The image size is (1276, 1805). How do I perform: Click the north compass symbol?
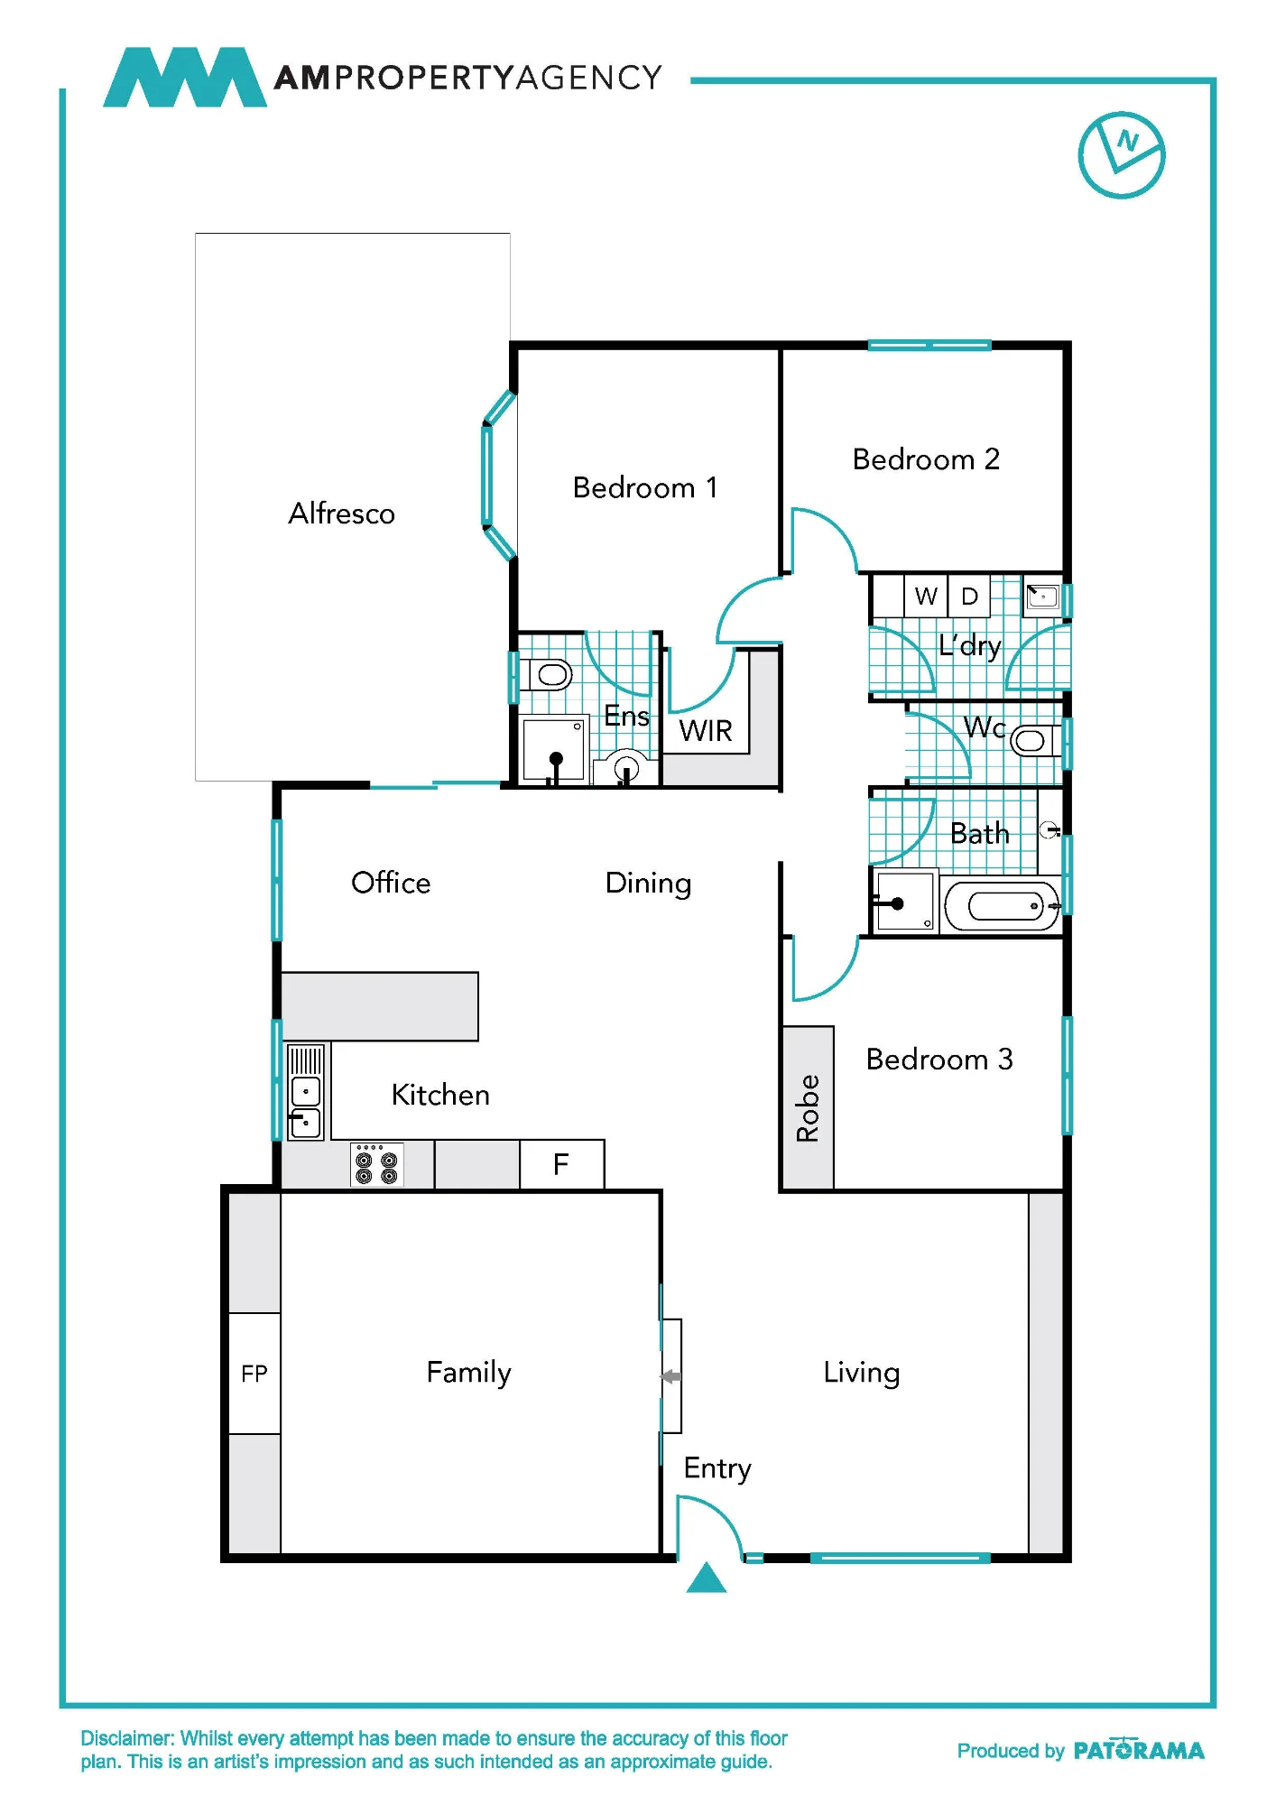(x=1121, y=155)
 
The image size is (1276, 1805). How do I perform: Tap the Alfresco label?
(x=341, y=513)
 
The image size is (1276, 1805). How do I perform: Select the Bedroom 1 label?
(x=645, y=487)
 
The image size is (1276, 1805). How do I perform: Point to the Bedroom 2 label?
(x=926, y=458)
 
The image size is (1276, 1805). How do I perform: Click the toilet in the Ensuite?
(x=549, y=673)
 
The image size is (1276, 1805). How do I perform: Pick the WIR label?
(x=706, y=730)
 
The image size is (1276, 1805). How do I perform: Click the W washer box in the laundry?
(x=926, y=596)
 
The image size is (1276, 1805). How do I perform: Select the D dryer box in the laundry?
(x=969, y=596)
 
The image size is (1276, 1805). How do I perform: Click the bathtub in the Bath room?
(x=1001, y=905)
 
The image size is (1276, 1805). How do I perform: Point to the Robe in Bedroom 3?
(x=808, y=1108)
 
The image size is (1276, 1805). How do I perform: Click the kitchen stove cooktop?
(x=376, y=1164)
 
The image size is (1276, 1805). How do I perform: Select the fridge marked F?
(x=561, y=1164)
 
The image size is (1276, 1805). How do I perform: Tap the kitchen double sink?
(x=305, y=1092)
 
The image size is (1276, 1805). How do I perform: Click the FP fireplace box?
(x=254, y=1373)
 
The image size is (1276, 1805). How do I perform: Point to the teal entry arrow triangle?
(x=707, y=1578)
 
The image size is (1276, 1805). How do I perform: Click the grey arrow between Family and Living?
(x=670, y=1376)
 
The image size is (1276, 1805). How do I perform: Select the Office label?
(x=391, y=882)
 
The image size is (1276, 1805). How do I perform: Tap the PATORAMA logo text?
(x=1139, y=1750)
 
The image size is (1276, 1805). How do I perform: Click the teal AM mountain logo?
(x=185, y=78)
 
